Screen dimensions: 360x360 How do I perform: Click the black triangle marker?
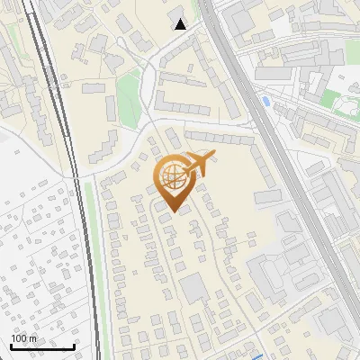181,24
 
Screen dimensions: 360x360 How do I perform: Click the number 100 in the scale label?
19,338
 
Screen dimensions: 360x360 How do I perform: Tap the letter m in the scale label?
32,338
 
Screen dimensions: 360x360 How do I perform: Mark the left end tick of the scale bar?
11,346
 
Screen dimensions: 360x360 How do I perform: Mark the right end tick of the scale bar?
74,346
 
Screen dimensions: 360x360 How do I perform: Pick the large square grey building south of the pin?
193,289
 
